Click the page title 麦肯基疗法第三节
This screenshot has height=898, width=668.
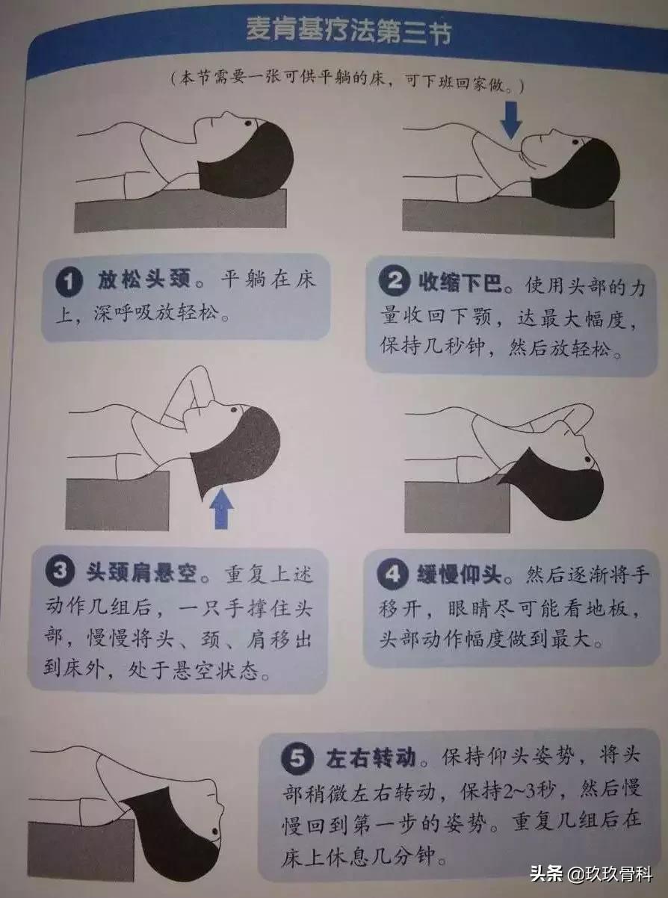[348, 32]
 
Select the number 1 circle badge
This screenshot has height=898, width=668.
[70, 283]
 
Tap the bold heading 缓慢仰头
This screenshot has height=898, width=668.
[460, 576]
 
